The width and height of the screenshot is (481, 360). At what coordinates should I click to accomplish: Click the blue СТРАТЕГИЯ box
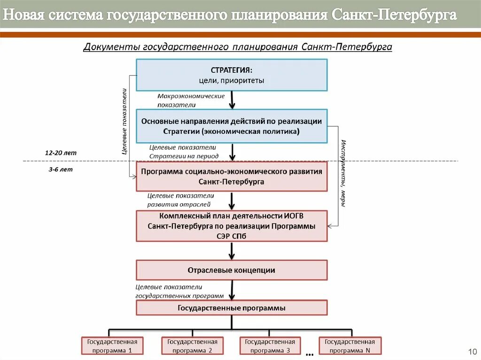point(232,75)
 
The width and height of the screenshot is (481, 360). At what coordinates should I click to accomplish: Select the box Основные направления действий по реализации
point(232,126)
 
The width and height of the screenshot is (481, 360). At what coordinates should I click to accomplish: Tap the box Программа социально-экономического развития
point(232,176)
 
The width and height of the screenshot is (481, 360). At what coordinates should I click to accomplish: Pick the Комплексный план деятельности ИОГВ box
point(232,226)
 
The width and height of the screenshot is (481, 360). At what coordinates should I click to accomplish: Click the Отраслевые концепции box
point(232,270)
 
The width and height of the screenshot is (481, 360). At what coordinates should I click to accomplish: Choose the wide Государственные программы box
point(232,308)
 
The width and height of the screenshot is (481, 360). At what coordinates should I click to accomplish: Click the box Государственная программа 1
point(112,346)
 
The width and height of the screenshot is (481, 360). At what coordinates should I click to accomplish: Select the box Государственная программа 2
point(192,346)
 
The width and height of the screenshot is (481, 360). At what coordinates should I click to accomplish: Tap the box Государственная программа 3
point(270,346)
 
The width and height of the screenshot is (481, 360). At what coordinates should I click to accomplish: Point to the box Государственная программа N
point(350,346)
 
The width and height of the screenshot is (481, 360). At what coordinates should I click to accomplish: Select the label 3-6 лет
point(60,169)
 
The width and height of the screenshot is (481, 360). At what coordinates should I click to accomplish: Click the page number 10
point(472,352)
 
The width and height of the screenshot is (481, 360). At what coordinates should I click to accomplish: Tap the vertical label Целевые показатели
point(124,121)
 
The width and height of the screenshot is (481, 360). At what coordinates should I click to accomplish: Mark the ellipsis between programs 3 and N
point(310,352)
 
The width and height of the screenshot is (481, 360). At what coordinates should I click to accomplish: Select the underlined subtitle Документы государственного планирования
point(237,47)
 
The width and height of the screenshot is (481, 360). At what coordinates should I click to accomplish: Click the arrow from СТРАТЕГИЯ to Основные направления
point(232,100)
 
